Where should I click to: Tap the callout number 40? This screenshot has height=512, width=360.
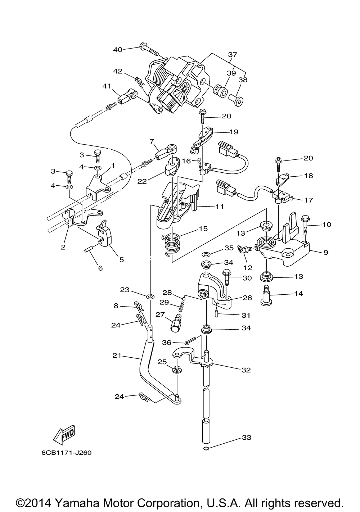point(118,50)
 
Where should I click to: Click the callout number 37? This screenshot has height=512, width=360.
point(233,55)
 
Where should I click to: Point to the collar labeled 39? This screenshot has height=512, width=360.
point(220,90)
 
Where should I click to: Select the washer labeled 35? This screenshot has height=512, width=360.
point(206,254)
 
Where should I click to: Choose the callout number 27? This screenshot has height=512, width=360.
point(160,315)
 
